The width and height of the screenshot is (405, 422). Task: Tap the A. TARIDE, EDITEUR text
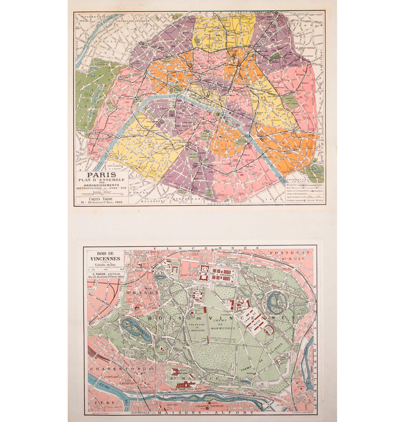(105, 274)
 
